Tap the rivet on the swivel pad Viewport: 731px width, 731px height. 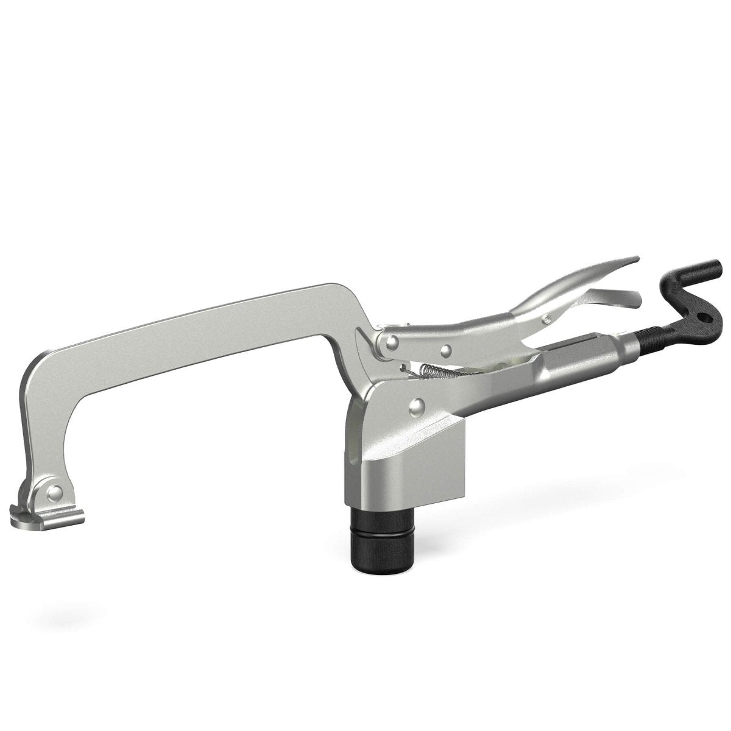(55, 492)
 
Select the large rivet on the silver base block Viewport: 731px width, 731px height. (418, 404)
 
